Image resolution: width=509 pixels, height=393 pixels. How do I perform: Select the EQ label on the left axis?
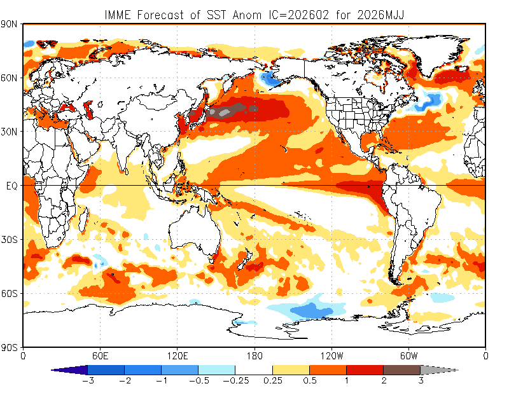click(11, 186)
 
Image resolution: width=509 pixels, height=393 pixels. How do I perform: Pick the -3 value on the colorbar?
click(87, 380)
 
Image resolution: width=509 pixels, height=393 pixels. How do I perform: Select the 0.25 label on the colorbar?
click(272, 380)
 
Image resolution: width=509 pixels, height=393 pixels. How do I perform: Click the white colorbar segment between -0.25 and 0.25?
click(254, 369)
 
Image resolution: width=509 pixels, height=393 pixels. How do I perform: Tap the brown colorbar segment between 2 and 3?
click(401, 369)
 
